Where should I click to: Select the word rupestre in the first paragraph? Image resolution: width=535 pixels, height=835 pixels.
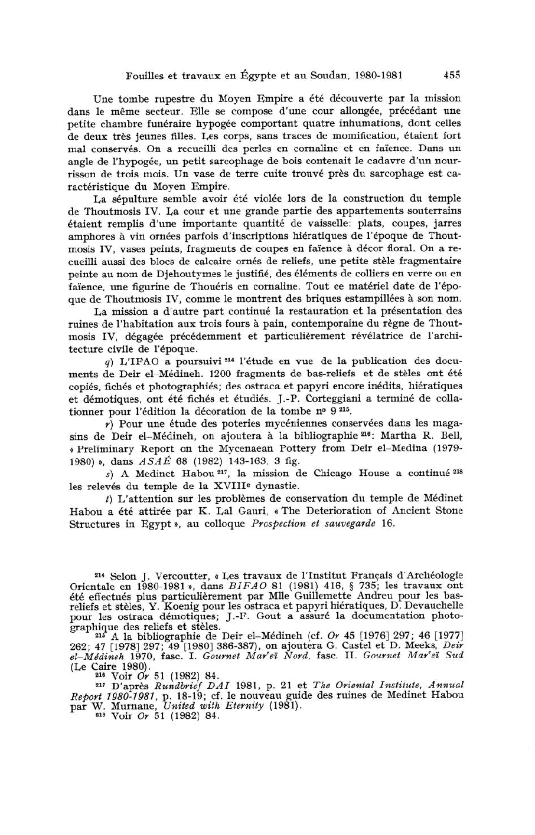[x=156, y=98]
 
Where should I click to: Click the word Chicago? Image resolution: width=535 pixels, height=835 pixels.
[x=318, y=473]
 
